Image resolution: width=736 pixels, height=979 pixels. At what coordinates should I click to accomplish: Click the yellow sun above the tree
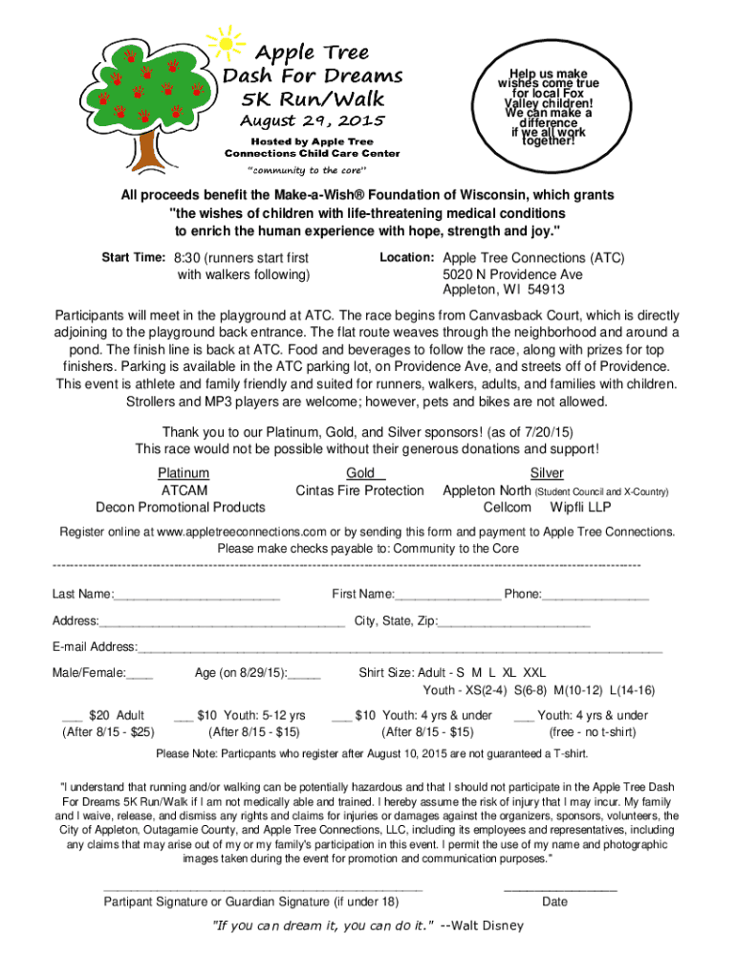coord(226,41)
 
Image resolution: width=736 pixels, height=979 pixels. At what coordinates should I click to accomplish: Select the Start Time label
coord(135,258)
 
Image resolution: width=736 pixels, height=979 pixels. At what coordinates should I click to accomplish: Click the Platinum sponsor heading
coord(184,473)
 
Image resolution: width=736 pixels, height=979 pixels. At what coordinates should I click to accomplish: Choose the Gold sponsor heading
coord(362,473)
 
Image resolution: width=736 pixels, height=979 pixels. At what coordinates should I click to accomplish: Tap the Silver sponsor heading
coord(547,473)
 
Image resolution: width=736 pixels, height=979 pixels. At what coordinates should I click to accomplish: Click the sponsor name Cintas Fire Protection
coord(359,490)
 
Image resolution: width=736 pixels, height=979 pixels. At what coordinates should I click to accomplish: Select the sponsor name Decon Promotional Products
coord(181,507)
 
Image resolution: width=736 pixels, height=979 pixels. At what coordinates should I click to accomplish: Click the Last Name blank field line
coord(197,598)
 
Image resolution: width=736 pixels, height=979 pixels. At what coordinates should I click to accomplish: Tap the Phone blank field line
coord(595,598)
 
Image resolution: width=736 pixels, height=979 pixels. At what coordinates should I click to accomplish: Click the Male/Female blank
coord(140,676)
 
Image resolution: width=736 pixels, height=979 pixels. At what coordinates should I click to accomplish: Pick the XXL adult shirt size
coord(535,672)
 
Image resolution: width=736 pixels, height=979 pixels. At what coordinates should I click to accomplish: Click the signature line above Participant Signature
coord(262,889)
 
